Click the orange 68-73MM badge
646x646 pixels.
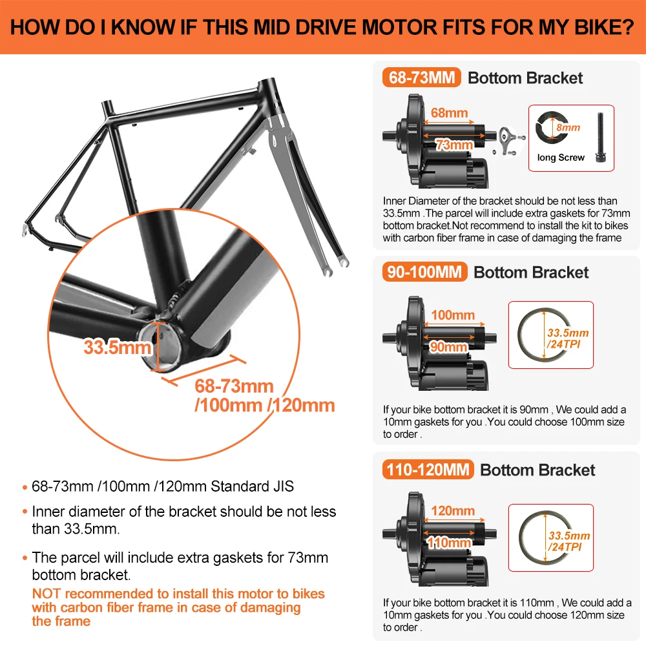pos(422,78)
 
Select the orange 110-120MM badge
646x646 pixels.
pos(428,470)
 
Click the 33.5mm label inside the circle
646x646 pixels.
pos(117,347)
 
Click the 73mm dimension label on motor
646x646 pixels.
pos(454,145)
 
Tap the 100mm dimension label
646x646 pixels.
pos(453,315)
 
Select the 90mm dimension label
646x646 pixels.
pos(448,347)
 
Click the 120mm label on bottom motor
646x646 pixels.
pos(453,511)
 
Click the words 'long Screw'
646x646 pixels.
pos(561,158)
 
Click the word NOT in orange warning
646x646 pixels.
pos(46,594)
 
